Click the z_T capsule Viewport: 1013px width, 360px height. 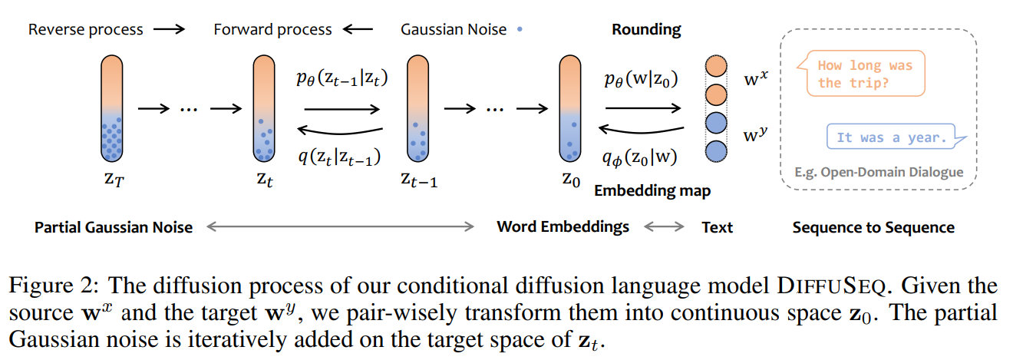click(112, 109)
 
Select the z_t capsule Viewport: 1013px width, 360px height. click(264, 109)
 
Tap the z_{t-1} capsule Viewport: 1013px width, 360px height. click(417, 109)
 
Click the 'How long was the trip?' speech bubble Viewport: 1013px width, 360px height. click(865, 74)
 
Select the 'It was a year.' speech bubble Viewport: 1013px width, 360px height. click(890, 137)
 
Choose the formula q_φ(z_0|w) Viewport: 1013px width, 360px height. click(642, 157)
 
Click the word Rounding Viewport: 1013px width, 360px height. click(646, 30)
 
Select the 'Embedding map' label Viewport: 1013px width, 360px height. click(652, 190)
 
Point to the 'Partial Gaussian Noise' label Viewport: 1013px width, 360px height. click(114, 227)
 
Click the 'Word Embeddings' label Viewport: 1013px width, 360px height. click(563, 226)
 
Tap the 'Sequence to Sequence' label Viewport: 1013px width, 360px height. click(873, 227)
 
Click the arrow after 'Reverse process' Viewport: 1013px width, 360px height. click(169, 30)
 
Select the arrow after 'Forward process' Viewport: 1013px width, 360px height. click(358, 30)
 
